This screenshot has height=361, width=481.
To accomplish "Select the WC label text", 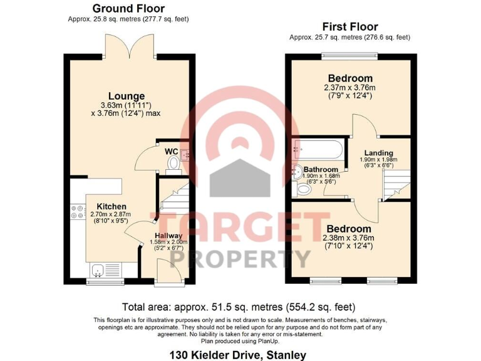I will click(x=171, y=151).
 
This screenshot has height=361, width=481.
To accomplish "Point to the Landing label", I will click(x=379, y=152).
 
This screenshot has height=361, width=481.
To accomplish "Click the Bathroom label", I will click(x=321, y=169).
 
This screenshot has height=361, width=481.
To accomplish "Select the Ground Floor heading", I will click(x=128, y=9).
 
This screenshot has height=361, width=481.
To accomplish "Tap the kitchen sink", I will click(x=99, y=270).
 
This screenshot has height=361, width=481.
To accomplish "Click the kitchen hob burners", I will click(x=78, y=212).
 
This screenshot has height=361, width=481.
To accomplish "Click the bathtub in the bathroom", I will click(x=317, y=150).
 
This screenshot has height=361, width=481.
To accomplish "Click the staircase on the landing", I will click(x=395, y=184).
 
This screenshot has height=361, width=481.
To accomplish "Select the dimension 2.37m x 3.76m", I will click(x=349, y=87).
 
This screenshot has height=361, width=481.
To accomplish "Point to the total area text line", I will click(x=239, y=307).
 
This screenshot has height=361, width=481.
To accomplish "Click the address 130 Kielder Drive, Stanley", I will click(x=238, y=355).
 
